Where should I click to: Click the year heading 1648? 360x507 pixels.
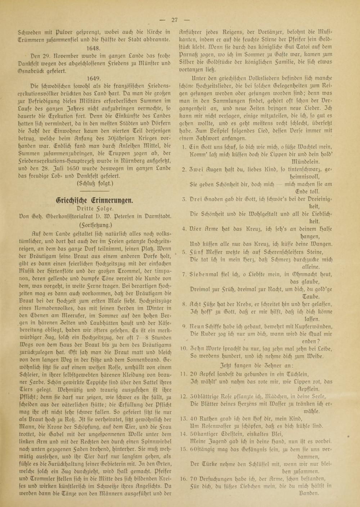[x=94, y=47]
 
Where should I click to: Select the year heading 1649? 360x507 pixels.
[x=94, y=77]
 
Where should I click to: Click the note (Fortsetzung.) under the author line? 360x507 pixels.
[x=94, y=224]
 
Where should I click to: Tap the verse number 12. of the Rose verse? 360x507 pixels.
[x=183, y=396]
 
